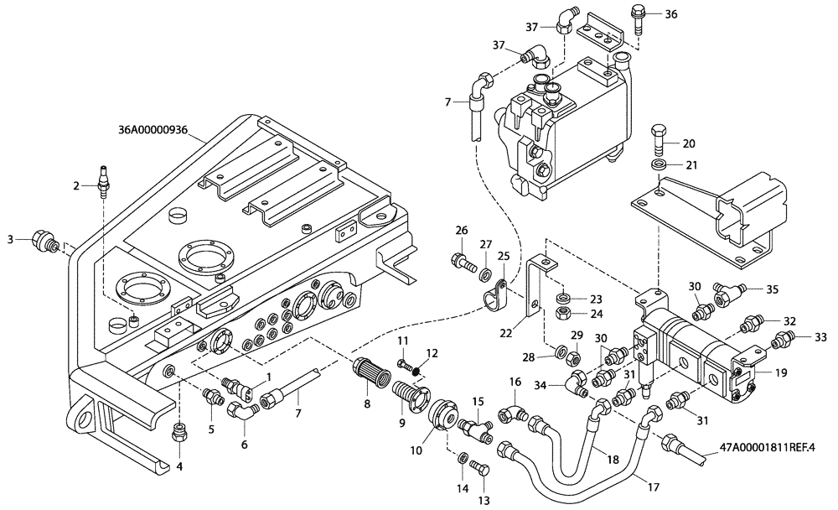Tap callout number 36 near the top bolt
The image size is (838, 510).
coord(671,14)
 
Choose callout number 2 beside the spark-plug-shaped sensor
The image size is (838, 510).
coord(75,185)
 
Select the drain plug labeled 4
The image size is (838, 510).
coord(178,432)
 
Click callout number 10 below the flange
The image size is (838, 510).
coord(416,450)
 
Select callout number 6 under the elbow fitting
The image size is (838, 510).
coord(244,445)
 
